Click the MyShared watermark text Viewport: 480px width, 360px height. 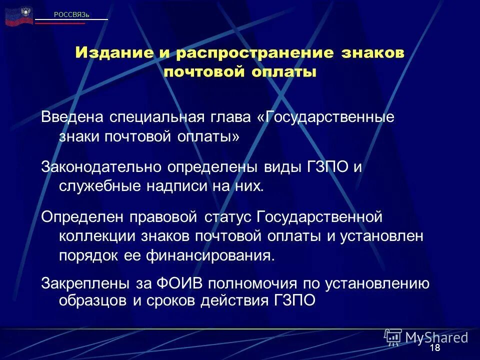(436, 336)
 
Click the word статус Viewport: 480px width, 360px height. (228, 217)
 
